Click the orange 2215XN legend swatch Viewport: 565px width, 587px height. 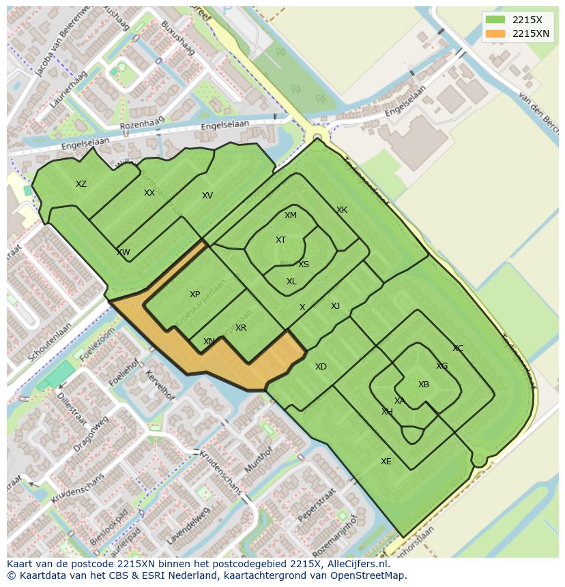(496, 33)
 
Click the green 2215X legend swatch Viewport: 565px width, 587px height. (496, 20)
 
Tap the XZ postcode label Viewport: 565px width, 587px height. (81, 184)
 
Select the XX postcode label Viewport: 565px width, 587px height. (149, 193)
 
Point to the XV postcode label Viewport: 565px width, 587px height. (207, 196)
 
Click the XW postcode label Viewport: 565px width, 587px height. (123, 252)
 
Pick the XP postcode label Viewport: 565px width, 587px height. (195, 295)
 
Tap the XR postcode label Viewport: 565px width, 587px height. (241, 328)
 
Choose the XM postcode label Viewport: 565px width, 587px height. (291, 215)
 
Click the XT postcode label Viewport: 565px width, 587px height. (280, 240)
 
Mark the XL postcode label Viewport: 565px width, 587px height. (291, 282)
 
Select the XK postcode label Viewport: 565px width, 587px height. (342, 210)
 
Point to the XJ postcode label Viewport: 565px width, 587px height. (335, 306)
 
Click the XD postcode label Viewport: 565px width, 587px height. (321, 367)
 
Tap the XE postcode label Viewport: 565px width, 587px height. (386, 462)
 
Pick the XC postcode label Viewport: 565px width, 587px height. (458, 348)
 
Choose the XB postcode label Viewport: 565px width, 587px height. (424, 385)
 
